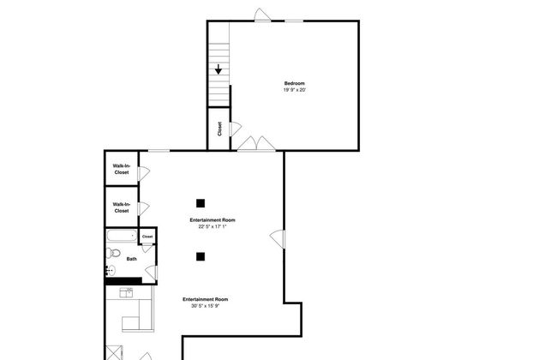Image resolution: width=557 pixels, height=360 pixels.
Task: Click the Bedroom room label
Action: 295,83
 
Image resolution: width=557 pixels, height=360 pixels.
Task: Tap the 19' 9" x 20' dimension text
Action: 295,90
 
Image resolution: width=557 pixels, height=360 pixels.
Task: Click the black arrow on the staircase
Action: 219,69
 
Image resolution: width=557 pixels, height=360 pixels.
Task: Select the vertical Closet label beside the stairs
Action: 219,129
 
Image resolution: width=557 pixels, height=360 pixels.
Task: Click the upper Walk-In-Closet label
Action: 122,169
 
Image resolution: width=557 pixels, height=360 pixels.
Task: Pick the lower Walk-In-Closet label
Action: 122,207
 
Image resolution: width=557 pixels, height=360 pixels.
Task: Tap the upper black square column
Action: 201,203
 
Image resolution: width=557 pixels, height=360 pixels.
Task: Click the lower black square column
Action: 201,256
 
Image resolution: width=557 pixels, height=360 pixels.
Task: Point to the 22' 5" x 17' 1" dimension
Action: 213,226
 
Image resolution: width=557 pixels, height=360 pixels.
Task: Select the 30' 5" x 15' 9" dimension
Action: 206,306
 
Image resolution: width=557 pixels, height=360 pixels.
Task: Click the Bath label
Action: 132,259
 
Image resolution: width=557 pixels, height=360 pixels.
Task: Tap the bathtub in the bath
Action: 122,236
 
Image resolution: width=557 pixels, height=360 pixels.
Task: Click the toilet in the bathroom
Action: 113,253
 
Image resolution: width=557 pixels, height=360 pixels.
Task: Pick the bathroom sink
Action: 111,271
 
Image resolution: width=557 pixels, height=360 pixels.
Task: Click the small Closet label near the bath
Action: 147,237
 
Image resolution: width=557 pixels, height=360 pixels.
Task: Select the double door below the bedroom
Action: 256,144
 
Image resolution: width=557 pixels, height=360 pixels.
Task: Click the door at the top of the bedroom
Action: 262,15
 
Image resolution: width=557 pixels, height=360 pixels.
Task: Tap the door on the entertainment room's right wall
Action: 278,239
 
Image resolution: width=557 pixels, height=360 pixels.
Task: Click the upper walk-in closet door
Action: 143,173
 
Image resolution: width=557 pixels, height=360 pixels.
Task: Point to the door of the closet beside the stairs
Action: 236,129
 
